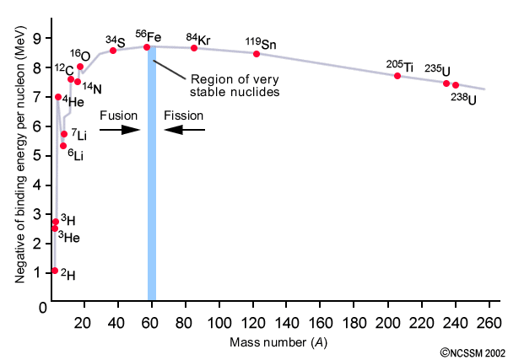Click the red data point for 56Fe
(147, 47)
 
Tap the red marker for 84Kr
(194, 48)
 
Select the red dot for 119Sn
(257, 54)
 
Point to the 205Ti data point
(397, 76)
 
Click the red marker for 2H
(55, 271)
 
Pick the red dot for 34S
(113, 51)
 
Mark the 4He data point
(58, 97)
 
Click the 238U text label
(463, 99)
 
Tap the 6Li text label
(77, 155)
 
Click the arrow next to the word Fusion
(119, 130)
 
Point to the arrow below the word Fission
(184, 130)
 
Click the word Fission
(183, 114)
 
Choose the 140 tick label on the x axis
(287, 321)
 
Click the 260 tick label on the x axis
(488, 321)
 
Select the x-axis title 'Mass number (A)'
(278, 341)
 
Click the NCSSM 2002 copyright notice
(471, 352)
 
